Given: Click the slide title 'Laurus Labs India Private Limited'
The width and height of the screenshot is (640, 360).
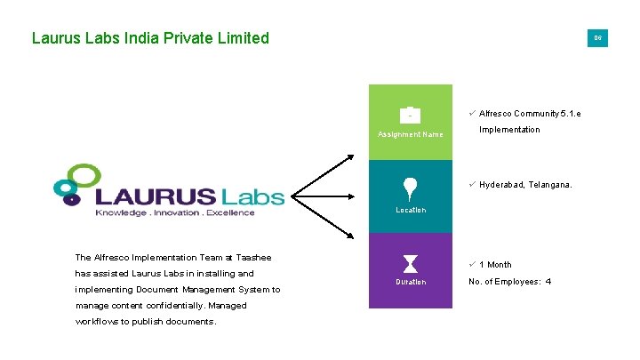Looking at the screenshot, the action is point(150,38).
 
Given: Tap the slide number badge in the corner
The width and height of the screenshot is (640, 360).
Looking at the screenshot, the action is point(597,38).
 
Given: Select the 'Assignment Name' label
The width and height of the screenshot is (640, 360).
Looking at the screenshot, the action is point(410,134).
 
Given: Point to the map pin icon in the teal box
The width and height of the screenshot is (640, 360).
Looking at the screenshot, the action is point(410,188).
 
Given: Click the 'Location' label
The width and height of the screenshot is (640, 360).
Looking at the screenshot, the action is point(410,210).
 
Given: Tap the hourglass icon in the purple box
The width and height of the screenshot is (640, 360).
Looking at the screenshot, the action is point(410,263).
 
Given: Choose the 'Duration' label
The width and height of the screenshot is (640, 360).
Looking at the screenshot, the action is point(410,282).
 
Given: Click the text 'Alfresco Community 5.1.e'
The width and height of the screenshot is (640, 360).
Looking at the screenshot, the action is point(530,114).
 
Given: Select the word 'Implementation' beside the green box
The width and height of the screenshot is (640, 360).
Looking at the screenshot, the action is point(509,130).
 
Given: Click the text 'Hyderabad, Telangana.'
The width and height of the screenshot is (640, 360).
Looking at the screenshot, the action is point(525,185).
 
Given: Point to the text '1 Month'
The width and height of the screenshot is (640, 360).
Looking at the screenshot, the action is point(495,264).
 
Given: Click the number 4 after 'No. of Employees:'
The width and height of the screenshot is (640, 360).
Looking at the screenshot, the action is point(548,282).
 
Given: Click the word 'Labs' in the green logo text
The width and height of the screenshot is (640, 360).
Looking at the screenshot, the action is point(252,196).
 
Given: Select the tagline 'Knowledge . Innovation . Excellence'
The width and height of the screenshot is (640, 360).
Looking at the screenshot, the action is point(174,212).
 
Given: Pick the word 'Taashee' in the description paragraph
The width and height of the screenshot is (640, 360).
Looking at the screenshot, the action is point(253,258).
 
